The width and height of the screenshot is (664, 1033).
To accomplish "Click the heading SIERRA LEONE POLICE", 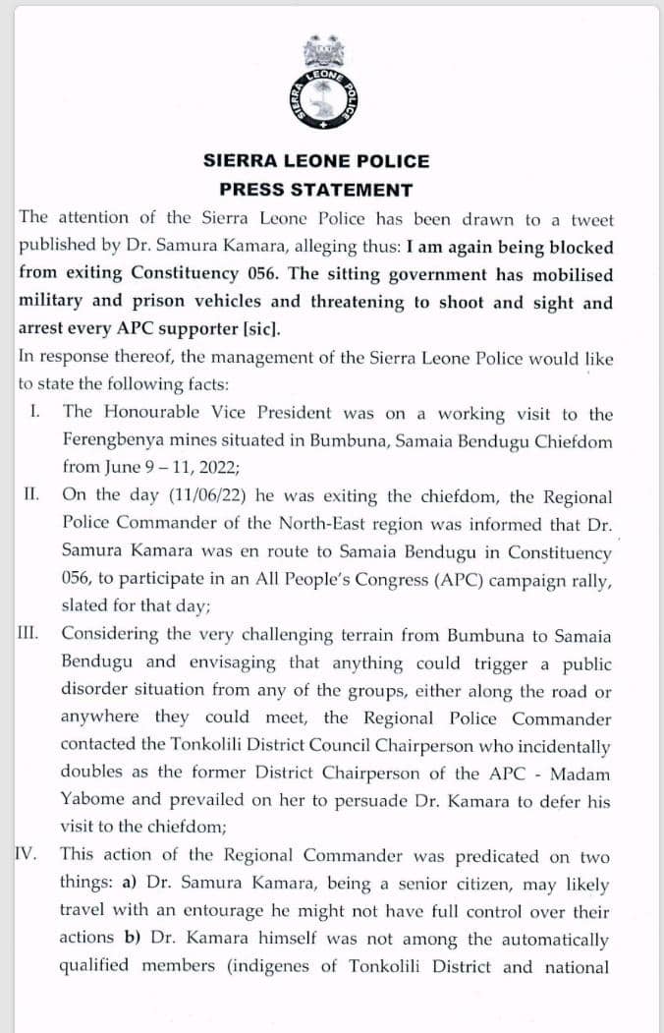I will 316,161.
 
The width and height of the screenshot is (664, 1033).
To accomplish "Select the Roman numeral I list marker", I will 35,413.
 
